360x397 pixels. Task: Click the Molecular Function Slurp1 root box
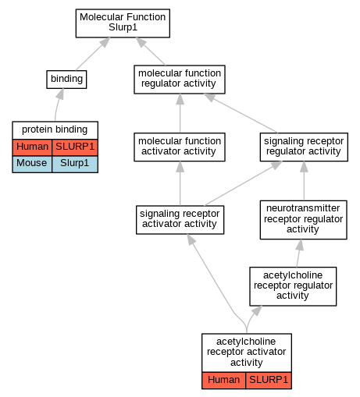(x=123, y=23)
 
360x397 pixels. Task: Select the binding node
(x=66, y=80)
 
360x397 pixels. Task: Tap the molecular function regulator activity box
(x=180, y=80)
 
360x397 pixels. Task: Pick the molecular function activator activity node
(x=180, y=147)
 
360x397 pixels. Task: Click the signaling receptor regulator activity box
(x=304, y=147)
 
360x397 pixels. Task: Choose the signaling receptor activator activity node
(x=180, y=220)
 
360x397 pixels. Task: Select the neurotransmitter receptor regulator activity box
(x=303, y=220)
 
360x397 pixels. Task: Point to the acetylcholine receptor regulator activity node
(x=293, y=286)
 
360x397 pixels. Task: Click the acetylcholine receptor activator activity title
(x=247, y=353)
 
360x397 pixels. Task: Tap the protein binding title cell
(x=55, y=130)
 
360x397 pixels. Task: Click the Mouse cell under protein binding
(x=32, y=164)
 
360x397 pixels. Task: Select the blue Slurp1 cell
(x=75, y=164)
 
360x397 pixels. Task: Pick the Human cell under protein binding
(x=32, y=147)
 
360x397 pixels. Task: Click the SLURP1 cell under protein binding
(x=75, y=147)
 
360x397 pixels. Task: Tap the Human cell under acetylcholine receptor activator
(x=223, y=381)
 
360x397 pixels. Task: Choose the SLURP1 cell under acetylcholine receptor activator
(x=269, y=381)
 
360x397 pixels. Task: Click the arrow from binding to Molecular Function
(x=93, y=54)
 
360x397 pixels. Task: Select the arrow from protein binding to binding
(x=58, y=105)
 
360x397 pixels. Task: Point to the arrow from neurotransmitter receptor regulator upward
(x=304, y=181)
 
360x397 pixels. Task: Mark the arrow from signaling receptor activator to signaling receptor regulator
(x=243, y=183)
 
